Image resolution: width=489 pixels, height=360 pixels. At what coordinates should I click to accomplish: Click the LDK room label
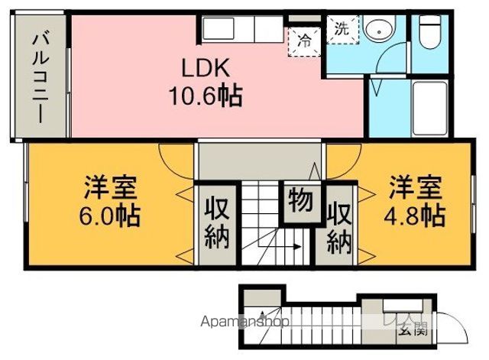point(205,69)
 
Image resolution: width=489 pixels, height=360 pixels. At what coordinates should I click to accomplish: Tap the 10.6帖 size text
point(205,96)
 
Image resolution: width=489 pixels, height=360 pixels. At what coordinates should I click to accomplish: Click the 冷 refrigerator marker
point(304,38)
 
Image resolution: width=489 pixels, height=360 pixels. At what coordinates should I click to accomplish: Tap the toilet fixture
point(432,32)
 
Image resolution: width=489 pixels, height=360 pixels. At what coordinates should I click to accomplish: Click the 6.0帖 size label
point(111,216)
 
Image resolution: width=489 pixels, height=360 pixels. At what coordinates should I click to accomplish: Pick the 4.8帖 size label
point(416,214)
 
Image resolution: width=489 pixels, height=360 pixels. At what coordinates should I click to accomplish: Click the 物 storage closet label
point(300,203)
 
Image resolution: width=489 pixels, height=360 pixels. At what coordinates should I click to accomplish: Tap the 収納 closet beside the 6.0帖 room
point(217,223)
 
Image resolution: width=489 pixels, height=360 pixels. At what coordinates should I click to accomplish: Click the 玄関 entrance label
point(410,330)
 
